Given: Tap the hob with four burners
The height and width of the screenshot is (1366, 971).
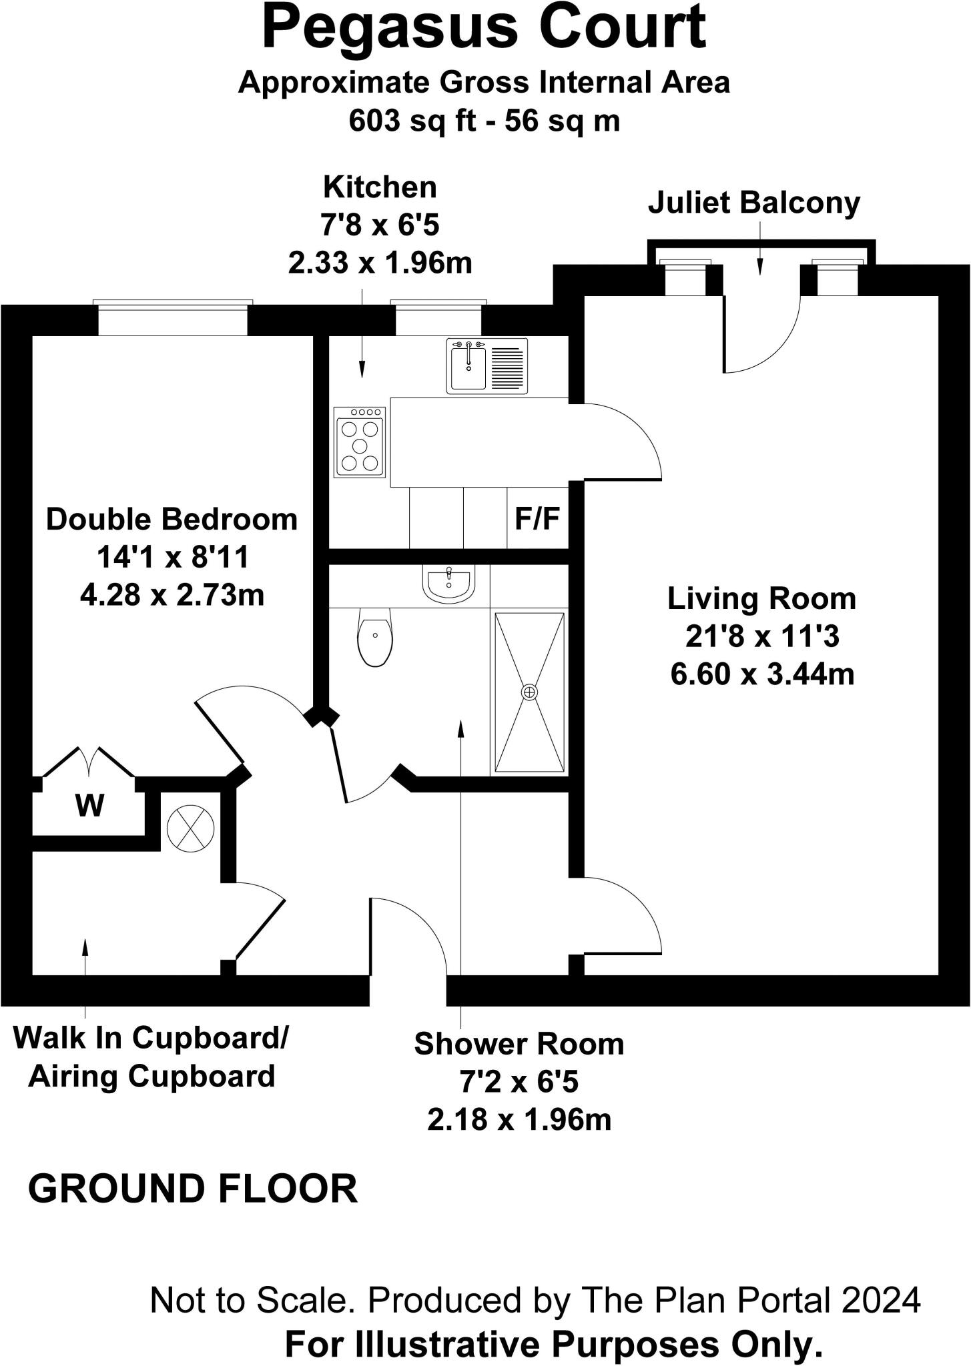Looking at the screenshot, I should coord(360,442).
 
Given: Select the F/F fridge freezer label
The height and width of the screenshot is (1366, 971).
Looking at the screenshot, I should coord(537,518).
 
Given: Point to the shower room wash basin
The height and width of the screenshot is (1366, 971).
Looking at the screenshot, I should coord(449,582).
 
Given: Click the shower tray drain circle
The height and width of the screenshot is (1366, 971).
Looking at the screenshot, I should coord(529,692).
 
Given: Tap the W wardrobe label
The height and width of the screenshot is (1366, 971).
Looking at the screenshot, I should coord(89,806).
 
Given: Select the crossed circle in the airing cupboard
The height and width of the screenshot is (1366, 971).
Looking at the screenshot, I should coord(190,828).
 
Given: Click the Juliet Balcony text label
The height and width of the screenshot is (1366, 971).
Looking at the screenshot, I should coord(754,203).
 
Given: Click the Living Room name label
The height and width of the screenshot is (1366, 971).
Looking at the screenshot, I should coord(761,598).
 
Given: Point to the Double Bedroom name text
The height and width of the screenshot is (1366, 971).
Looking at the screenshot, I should coord(172,519).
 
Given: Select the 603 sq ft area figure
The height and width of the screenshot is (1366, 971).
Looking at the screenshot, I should coord(406,121).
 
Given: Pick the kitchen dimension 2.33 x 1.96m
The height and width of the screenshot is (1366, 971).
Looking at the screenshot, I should coord(380,263).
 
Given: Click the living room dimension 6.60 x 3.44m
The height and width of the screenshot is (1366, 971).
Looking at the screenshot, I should coord(762,674).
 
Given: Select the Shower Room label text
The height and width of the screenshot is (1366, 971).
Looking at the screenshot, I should coord(519,1045).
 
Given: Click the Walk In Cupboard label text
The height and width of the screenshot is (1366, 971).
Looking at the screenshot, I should coord(151,1038).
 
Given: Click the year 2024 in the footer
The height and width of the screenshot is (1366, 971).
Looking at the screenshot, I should coord(881,1301).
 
